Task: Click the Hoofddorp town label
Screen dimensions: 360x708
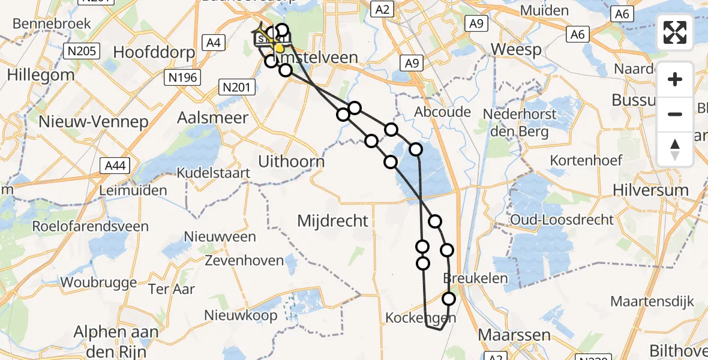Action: click(154, 52)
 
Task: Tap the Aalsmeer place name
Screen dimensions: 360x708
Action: click(212, 118)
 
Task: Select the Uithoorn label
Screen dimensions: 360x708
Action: click(291, 161)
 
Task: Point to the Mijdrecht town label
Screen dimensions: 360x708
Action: click(333, 221)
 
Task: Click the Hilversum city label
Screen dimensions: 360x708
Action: click(650, 190)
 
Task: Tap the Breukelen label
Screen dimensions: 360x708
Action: click(475, 278)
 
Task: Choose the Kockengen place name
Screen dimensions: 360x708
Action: click(419, 317)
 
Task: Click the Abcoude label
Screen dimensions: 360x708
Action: click(443, 112)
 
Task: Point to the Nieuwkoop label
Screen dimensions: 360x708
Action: click(241, 315)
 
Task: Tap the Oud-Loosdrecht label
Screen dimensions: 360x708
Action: click(562, 220)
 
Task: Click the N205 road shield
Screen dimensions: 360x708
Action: click(82, 51)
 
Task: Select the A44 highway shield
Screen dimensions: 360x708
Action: click(114, 165)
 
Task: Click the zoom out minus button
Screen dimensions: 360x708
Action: click(675, 114)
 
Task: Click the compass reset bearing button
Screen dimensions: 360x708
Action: click(675, 149)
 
